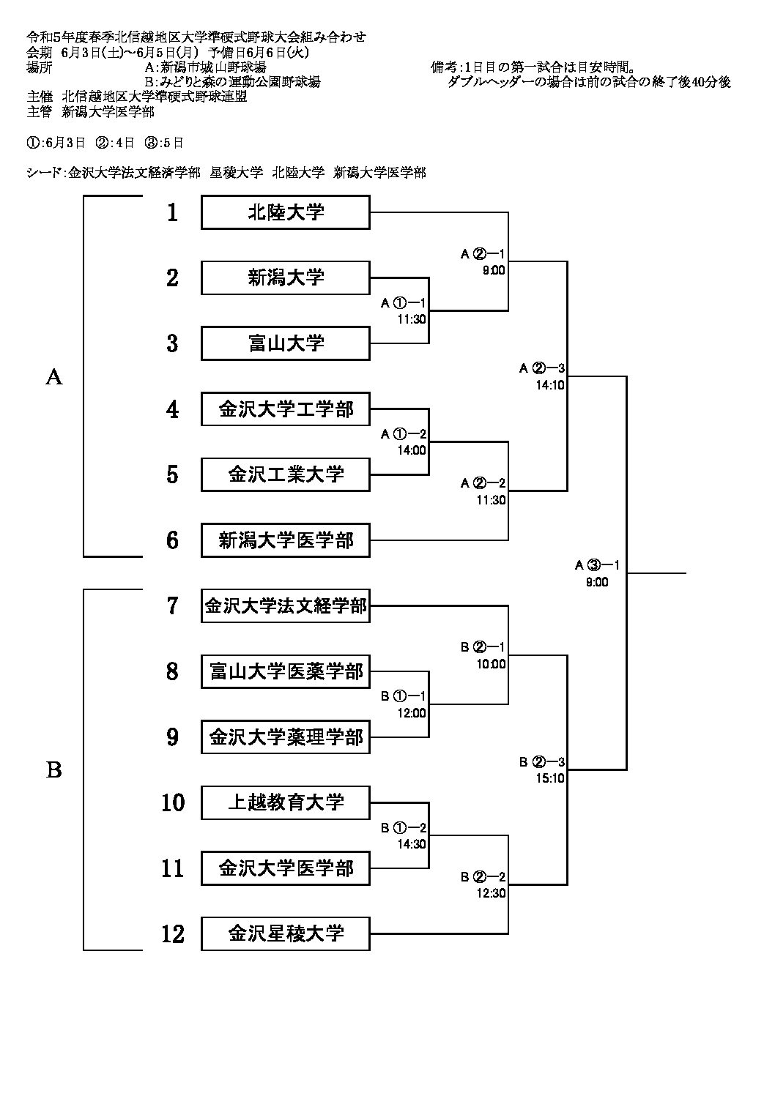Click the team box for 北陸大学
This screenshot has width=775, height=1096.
tap(286, 212)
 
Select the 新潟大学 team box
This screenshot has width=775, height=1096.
tap(286, 277)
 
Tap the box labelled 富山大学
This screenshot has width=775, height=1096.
tap(286, 343)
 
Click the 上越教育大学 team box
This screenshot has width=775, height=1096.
tap(286, 802)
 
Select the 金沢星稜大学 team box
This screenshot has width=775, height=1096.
tap(286, 933)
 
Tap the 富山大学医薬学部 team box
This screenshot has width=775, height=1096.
tap(286, 671)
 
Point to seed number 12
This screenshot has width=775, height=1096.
tap(173, 934)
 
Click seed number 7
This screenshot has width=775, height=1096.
tap(173, 606)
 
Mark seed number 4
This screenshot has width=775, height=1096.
tap(173, 409)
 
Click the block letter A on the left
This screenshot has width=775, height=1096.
tap(54, 376)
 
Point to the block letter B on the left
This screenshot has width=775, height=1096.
tap(54, 770)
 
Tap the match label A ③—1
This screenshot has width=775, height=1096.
tap(597, 564)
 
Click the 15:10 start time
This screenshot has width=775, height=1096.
tap(550, 778)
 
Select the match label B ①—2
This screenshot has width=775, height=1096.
tap(403, 828)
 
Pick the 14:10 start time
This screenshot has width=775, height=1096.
tap(550, 384)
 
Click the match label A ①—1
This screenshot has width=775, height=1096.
tap(403, 302)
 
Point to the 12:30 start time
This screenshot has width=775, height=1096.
tap(492, 893)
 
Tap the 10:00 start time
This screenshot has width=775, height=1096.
tap(492, 664)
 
